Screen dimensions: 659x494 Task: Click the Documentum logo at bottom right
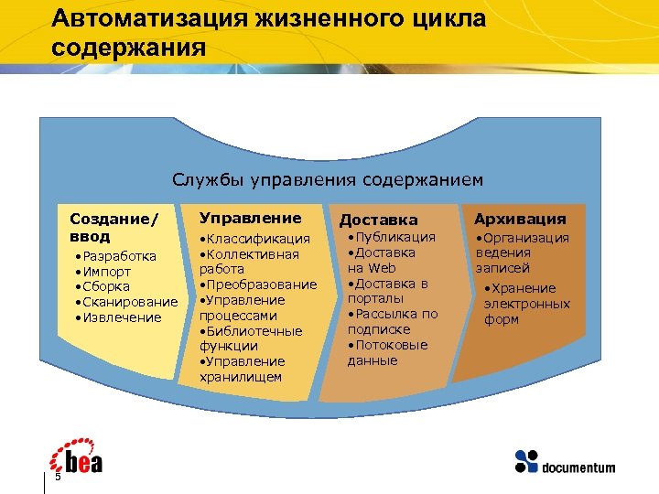click(565, 461)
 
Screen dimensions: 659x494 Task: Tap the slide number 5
click(58, 477)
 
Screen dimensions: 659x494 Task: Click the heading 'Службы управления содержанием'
click(328, 179)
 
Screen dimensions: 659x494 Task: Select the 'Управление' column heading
click(250, 218)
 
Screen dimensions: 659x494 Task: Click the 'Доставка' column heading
click(378, 220)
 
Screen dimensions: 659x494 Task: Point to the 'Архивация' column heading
click(520, 219)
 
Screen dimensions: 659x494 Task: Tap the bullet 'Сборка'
click(106, 287)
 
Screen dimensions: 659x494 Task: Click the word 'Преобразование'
click(262, 285)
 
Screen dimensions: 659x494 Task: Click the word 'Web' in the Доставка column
click(383, 268)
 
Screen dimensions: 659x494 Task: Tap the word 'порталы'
click(373, 299)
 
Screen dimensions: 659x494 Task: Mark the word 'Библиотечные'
click(251, 331)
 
